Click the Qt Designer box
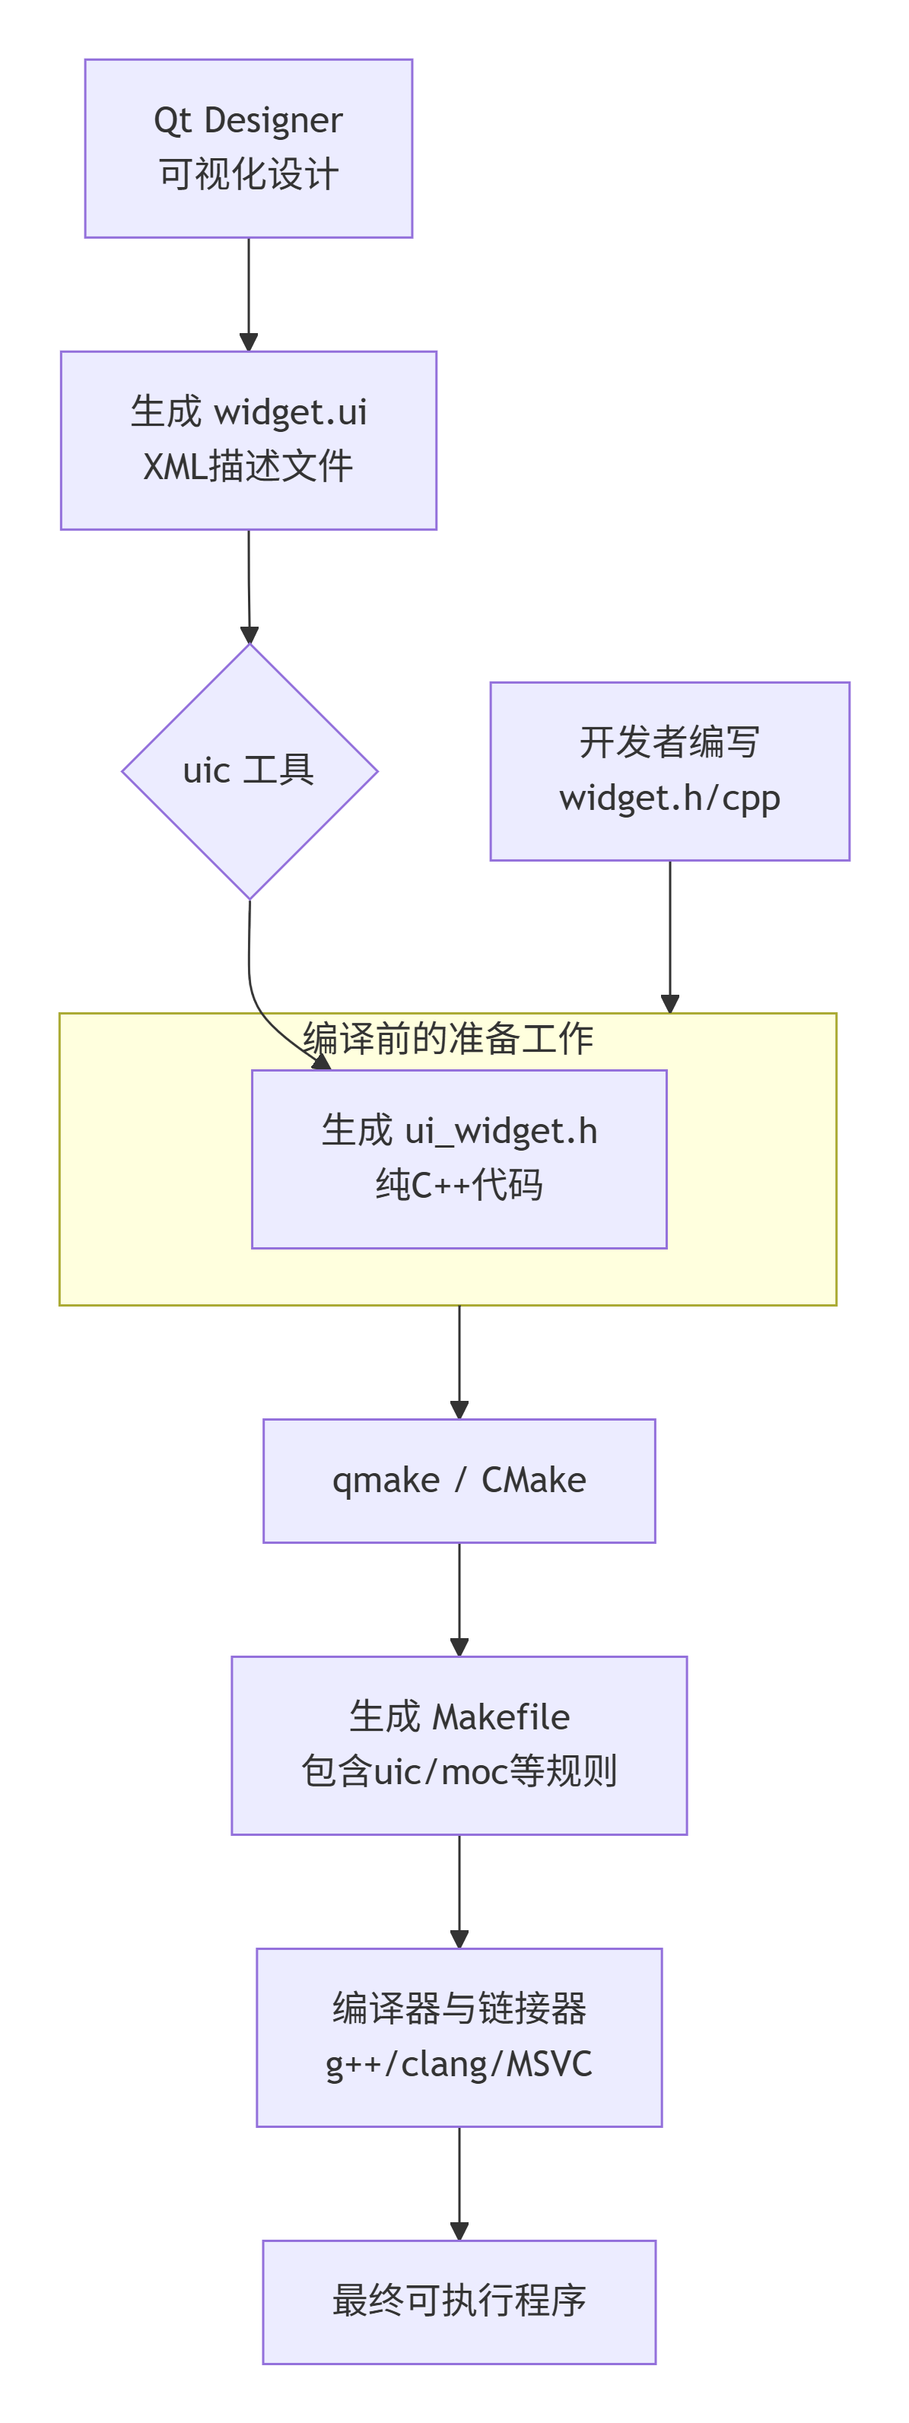(x=249, y=148)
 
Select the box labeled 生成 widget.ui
(x=249, y=440)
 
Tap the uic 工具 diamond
(x=249, y=771)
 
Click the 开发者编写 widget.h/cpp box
(x=669, y=771)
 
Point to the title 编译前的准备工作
(x=448, y=1038)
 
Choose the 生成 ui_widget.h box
(x=459, y=1159)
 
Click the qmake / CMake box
(x=459, y=1481)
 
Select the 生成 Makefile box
(x=459, y=1745)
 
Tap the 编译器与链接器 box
(x=459, y=2037)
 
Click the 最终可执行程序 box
(x=459, y=2301)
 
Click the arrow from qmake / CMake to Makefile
(x=459, y=1599)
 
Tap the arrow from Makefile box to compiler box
(x=459, y=1891)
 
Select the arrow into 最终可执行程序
(x=459, y=2182)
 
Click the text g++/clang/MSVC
(x=459, y=2065)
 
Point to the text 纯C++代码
(x=459, y=1185)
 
